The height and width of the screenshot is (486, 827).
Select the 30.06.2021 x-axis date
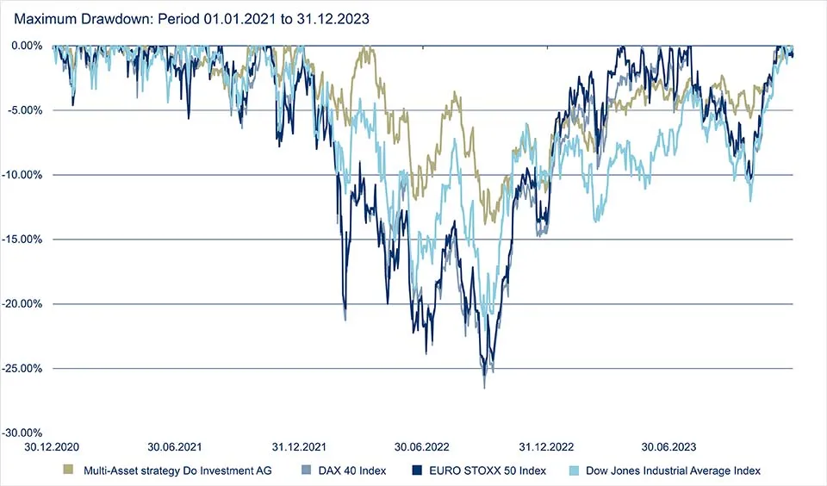tap(175, 448)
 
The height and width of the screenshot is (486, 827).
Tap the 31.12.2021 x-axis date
tap(298, 448)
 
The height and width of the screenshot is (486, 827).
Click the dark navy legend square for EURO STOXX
tap(419, 470)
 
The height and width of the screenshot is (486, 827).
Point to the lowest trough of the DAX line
tap(484, 388)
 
